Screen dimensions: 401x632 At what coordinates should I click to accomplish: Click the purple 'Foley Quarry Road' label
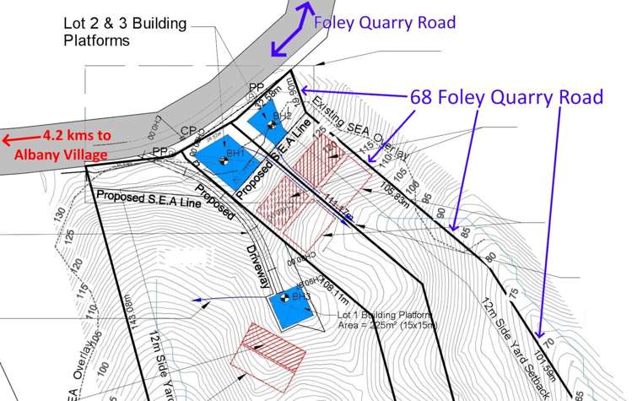384,22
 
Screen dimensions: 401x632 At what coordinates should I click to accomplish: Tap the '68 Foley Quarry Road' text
506,97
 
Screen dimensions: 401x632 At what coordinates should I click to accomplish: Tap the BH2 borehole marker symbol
272,126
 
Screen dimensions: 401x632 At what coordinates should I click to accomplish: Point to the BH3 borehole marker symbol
284,297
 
